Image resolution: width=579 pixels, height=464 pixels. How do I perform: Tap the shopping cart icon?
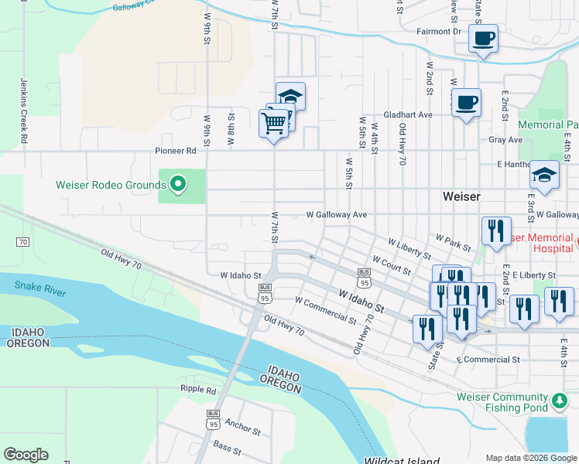[273, 122]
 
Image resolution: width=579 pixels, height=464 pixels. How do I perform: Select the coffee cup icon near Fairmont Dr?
[483, 38]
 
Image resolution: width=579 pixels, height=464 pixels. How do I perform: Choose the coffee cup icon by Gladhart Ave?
[466, 102]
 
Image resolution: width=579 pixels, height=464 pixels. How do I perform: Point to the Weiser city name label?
[462, 196]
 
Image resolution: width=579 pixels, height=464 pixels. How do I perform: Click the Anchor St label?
[242, 425]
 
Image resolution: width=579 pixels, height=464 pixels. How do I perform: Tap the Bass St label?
[227, 447]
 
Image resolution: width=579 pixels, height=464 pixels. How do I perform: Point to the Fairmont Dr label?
[438, 32]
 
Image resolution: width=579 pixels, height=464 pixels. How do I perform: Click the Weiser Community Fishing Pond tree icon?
[560, 401]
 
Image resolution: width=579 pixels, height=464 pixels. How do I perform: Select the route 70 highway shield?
[22, 242]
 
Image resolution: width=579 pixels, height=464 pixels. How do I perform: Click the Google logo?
[26, 455]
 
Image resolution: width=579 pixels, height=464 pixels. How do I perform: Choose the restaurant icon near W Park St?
[495, 230]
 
